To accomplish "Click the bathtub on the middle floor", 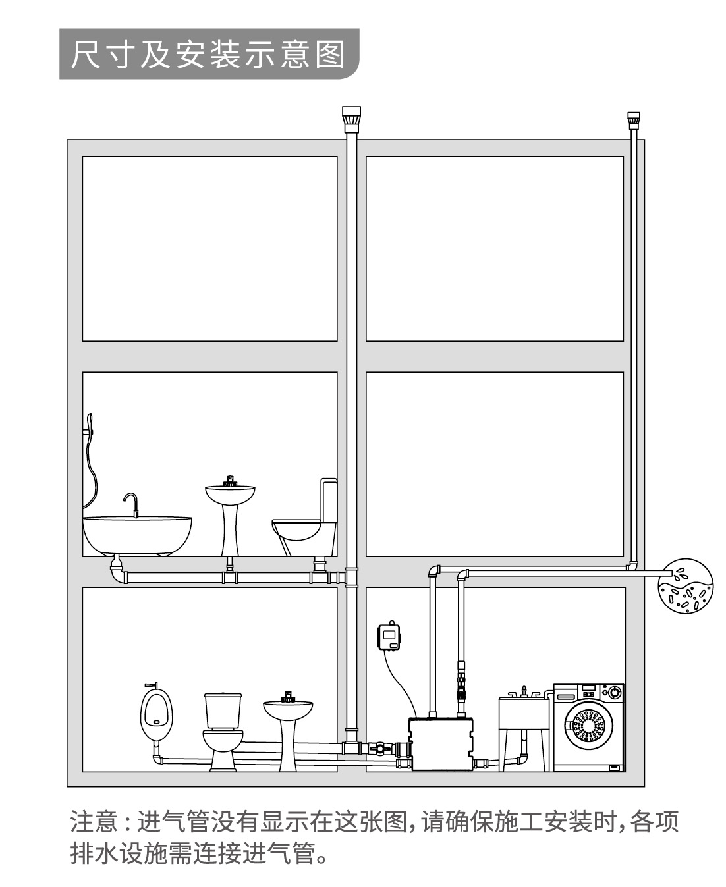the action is [137, 536].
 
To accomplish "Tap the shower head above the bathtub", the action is [89, 421].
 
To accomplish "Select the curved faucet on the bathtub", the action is [131, 504].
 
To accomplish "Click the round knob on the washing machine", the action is [615, 692].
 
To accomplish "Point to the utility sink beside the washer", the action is [524, 728].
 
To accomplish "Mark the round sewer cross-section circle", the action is [686, 586].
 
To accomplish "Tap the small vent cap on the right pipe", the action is [633, 121].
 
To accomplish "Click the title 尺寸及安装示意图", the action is [208, 55].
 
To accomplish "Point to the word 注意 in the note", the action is [94, 821].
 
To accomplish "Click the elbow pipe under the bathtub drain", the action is [119, 572].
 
